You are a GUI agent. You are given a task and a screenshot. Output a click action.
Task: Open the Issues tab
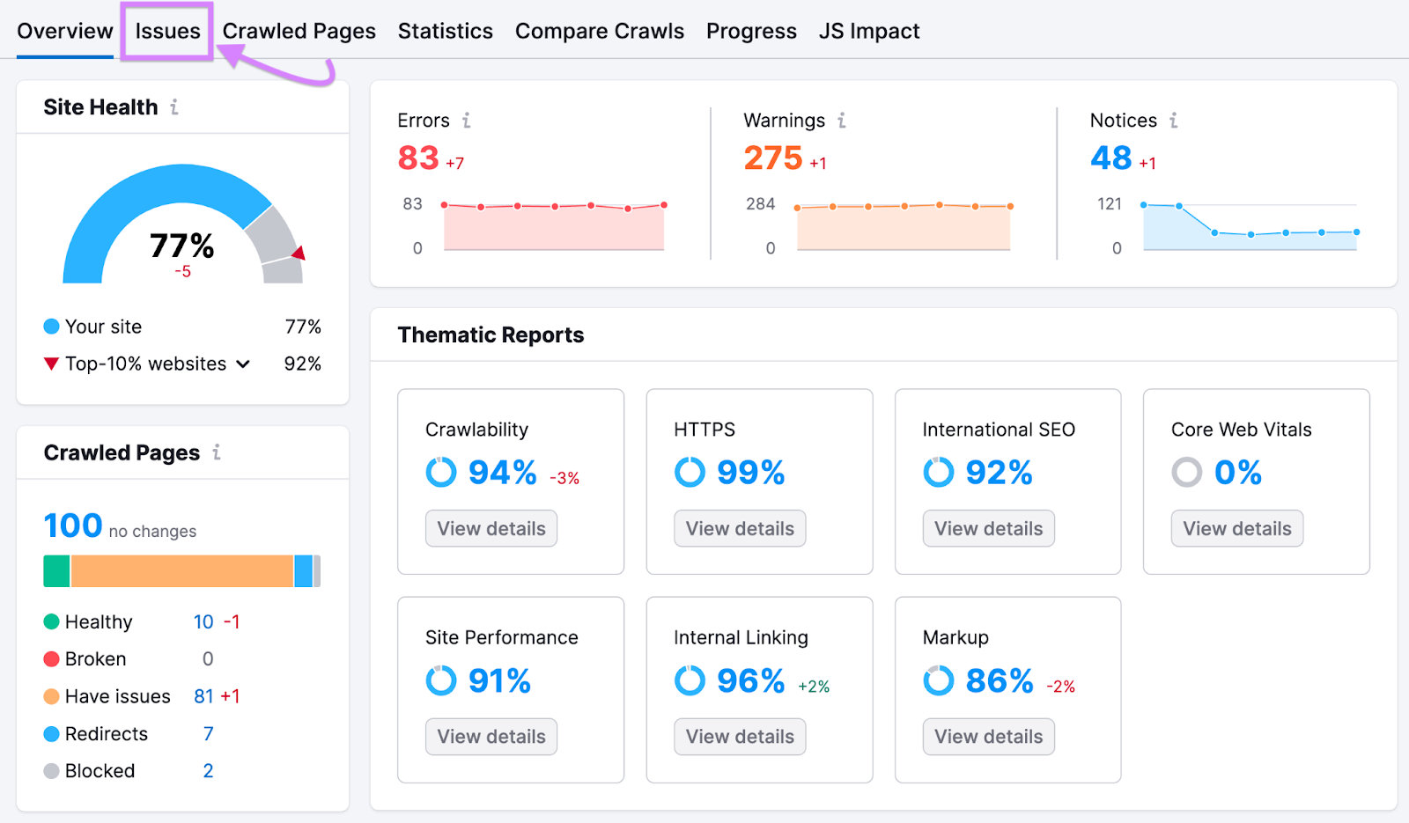tap(167, 32)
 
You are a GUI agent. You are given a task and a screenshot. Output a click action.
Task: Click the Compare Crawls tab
tap(599, 32)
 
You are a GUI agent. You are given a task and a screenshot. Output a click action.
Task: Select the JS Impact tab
tap(868, 32)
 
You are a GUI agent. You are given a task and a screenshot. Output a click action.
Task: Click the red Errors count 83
tap(418, 158)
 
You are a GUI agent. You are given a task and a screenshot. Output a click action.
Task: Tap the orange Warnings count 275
tap(772, 158)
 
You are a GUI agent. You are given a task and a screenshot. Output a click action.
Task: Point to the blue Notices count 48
tap(1110, 158)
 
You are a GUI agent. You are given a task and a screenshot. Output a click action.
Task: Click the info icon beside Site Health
tap(174, 107)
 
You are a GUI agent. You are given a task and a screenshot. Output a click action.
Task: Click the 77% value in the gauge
tap(181, 246)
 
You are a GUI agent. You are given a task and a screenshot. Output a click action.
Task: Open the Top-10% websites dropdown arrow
tap(243, 364)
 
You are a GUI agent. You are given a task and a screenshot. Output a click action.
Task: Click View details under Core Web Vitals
tap(1236, 529)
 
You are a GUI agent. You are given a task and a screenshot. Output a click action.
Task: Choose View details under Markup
tap(988, 737)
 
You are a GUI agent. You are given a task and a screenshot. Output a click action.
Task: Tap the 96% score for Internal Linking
tap(750, 681)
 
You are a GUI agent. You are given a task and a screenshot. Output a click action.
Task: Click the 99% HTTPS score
tap(750, 474)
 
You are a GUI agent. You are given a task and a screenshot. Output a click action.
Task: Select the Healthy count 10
tap(203, 622)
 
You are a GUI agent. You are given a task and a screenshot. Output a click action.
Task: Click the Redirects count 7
tap(209, 734)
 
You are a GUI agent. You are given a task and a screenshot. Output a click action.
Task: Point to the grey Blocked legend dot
tap(52, 771)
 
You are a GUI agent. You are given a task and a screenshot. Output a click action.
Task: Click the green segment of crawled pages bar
tap(56, 571)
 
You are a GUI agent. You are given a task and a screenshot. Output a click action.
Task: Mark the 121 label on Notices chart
tap(1110, 204)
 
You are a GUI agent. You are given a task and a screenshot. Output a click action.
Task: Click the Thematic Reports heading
tap(491, 335)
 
